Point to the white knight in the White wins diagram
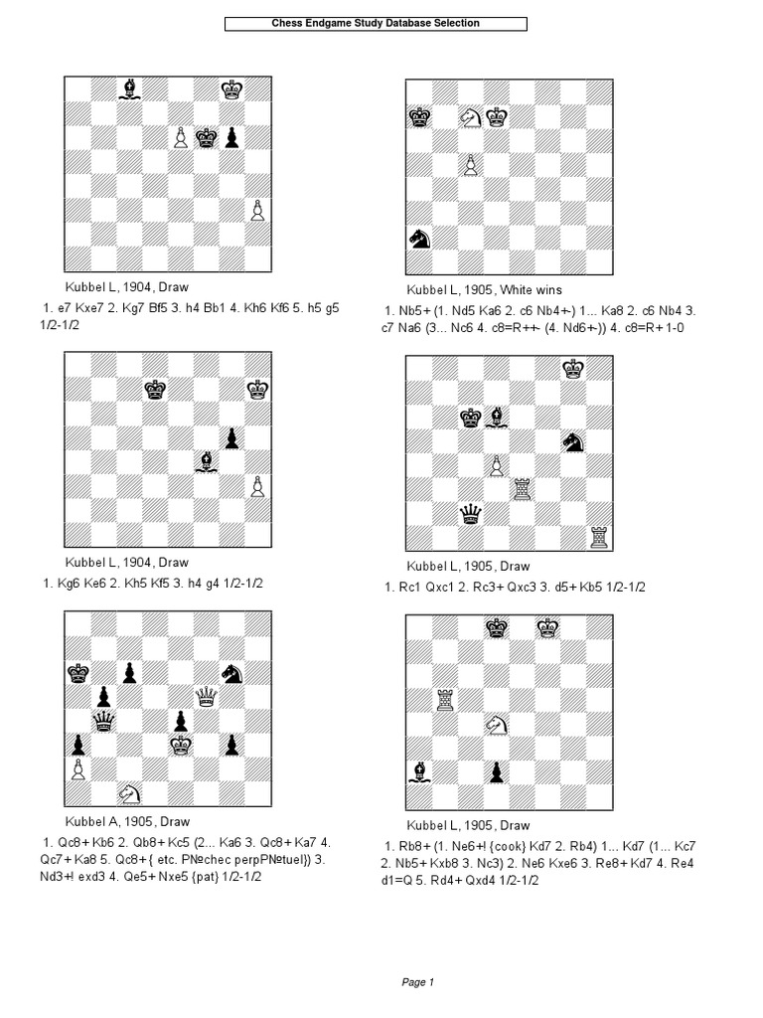(x=470, y=117)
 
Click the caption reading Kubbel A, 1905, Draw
(x=127, y=822)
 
